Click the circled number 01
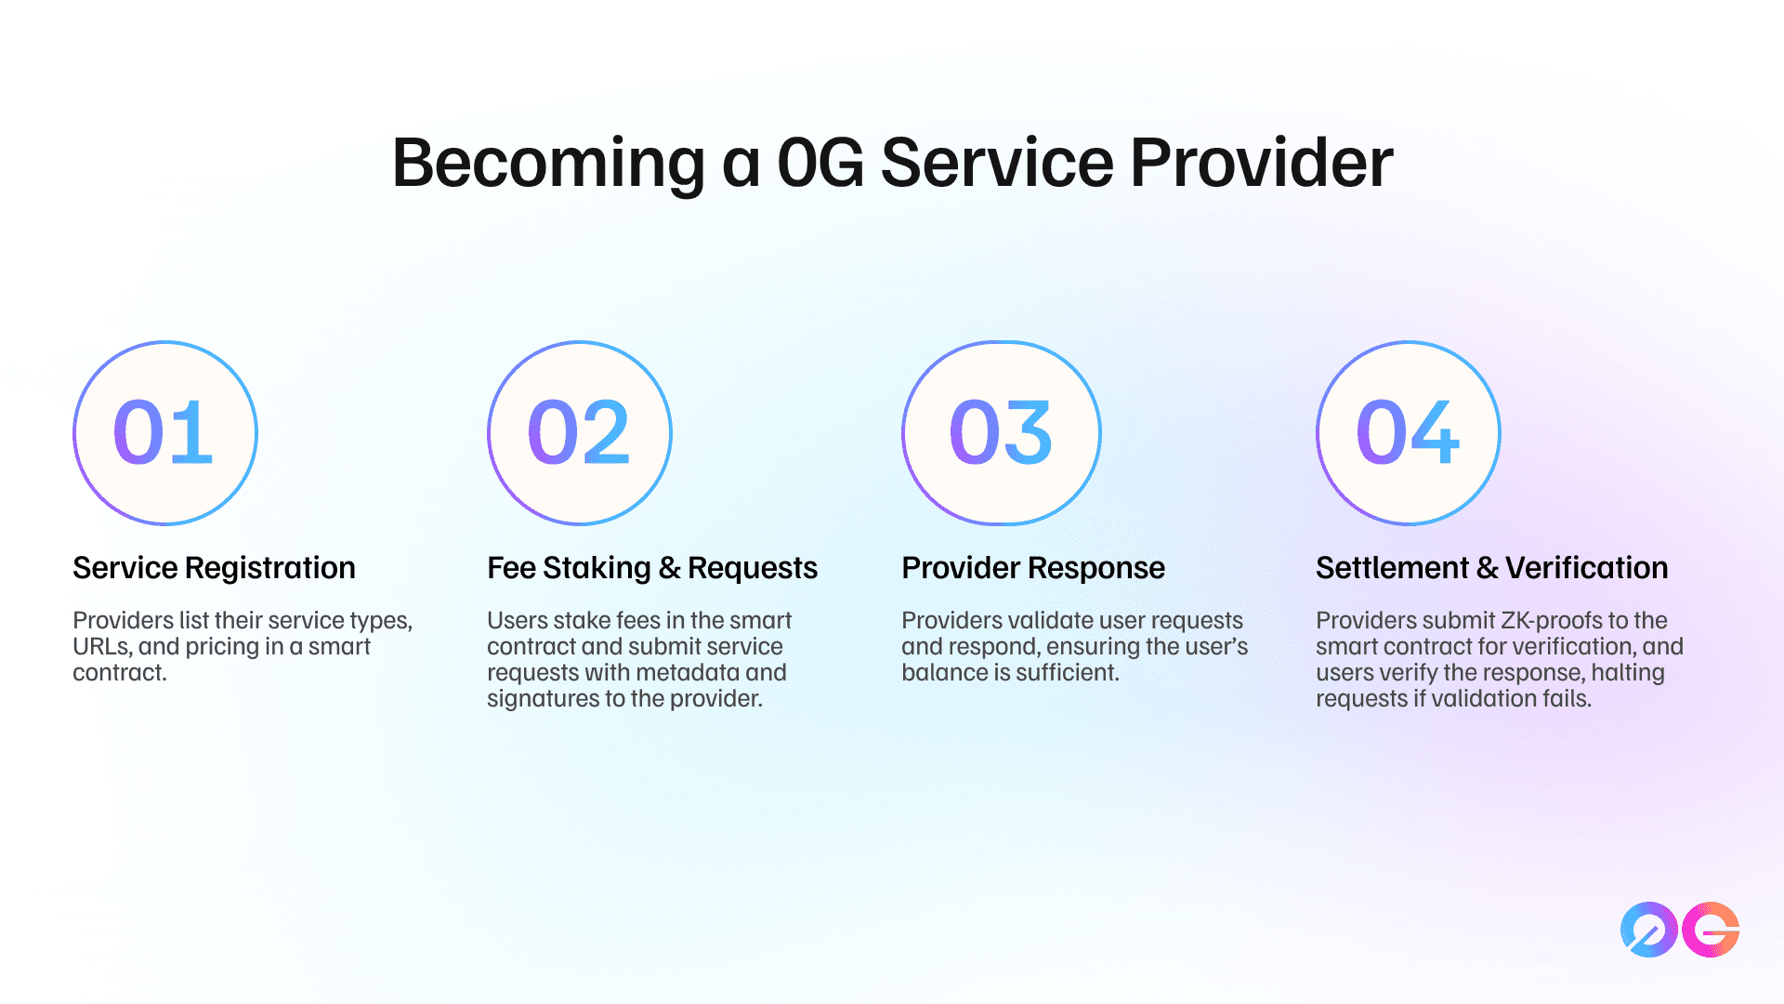(x=165, y=433)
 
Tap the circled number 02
(x=580, y=433)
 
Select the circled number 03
(x=1002, y=433)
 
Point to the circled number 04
(x=1409, y=433)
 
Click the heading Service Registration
(x=214, y=568)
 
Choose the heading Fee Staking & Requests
(x=652, y=568)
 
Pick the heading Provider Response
(x=1033, y=568)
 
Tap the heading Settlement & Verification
(x=1492, y=568)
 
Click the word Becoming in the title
(x=549, y=164)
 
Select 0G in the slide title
(x=820, y=164)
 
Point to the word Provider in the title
(x=1262, y=163)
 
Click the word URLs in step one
(x=102, y=647)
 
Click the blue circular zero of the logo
(x=1649, y=930)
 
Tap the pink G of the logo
(x=1711, y=930)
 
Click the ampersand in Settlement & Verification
(x=1487, y=568)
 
